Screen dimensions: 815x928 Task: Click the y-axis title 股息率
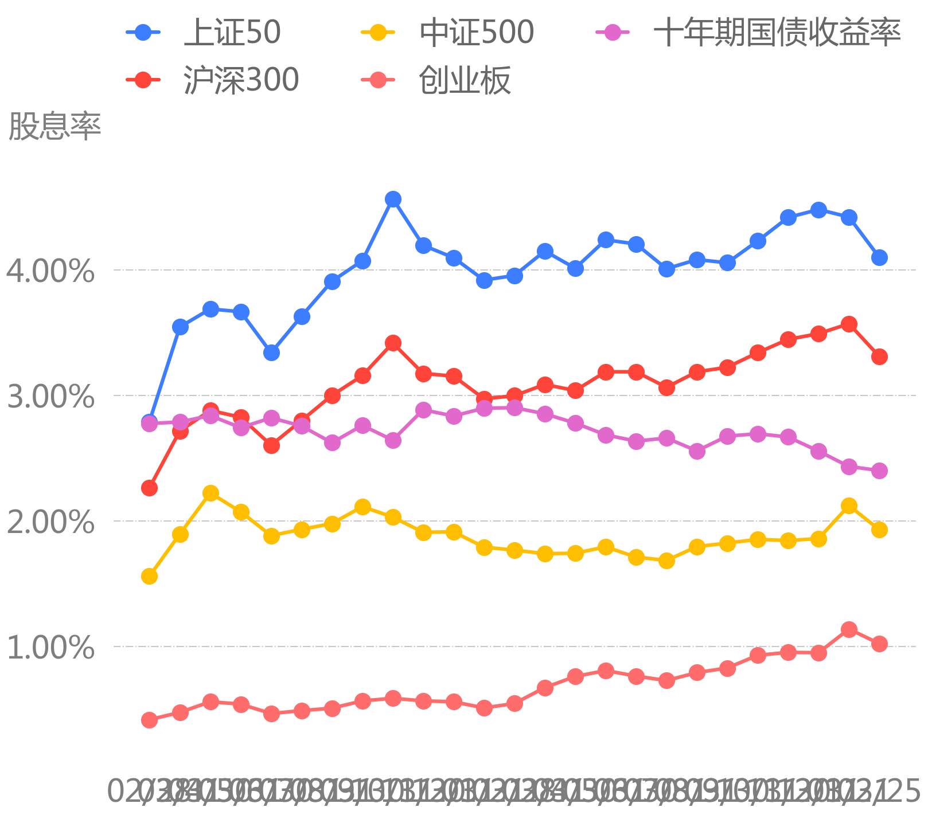click(x=54, y=126)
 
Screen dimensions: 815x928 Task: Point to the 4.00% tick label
click(x=50, y=271)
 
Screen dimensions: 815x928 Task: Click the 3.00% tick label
click(x=50, y=396)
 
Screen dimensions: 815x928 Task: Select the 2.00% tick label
click(x=50, y=522)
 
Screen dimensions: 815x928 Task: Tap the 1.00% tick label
click(x=50, y=647)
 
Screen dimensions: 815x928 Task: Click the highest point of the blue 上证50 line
click(x=393, y=199)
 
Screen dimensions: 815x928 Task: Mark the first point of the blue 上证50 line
click(x=149, y=421)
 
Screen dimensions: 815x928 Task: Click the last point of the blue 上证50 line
click(x=879, y=258)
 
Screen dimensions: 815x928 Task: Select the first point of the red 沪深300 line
click(x=149, y=488)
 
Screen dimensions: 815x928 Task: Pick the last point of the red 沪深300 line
click(x=879, y=356)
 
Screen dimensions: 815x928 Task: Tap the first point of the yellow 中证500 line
click(x=149, y=576)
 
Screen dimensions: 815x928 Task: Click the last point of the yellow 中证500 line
click(x=879, y=530)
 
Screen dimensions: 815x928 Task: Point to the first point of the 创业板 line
click(x=149, y=720)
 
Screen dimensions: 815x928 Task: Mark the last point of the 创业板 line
click(x=879, y=644)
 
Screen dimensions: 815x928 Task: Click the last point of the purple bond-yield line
click(x=879, y=471)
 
